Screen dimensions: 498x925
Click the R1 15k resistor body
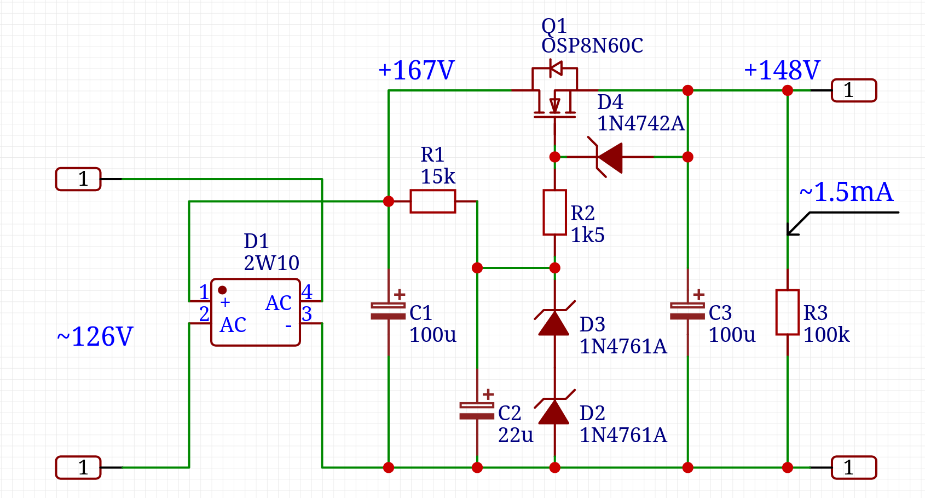click(432, 202)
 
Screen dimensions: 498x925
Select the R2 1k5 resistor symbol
click(554, 213)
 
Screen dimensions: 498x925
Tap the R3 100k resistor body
click(787, 312)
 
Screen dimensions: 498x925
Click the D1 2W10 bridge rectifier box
click(256, 313)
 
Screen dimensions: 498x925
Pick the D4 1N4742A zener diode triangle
click(610, 157)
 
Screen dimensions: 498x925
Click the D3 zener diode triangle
click(554, 323)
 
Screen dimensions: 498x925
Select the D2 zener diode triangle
click(554, 412)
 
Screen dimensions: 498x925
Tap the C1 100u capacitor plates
click(388, 311)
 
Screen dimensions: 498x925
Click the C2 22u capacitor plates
click(477, 411)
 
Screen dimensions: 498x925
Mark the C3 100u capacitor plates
click(687, 311)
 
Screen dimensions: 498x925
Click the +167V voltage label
click(417, 71)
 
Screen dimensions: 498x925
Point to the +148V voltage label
click(782, 71)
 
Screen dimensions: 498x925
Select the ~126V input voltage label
click(95, 336)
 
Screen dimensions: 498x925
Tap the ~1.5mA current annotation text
click(846, 192)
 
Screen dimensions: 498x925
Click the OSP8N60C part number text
click(592, 46)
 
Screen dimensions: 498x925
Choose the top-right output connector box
click(854, 90)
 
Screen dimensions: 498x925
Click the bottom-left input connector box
click(78, 467)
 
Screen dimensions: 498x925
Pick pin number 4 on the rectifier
click(307, 292)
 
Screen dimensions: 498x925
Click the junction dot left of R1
click(389, 202)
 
